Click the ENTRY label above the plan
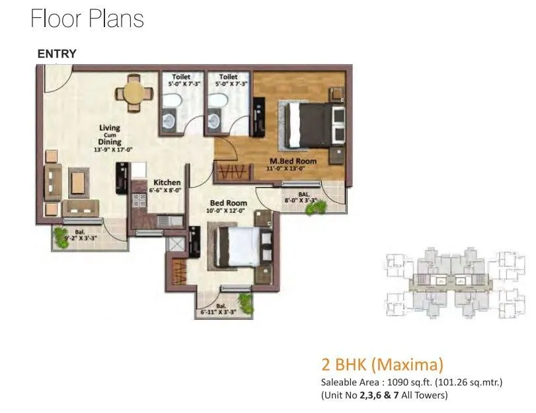tap(57, 54)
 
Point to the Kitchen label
tap(167, 182)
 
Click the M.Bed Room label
tap(292, 161)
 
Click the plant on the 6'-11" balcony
tap(246, 303)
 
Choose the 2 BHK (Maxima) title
tap(381, 363)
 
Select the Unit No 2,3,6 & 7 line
tap(384, 395)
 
